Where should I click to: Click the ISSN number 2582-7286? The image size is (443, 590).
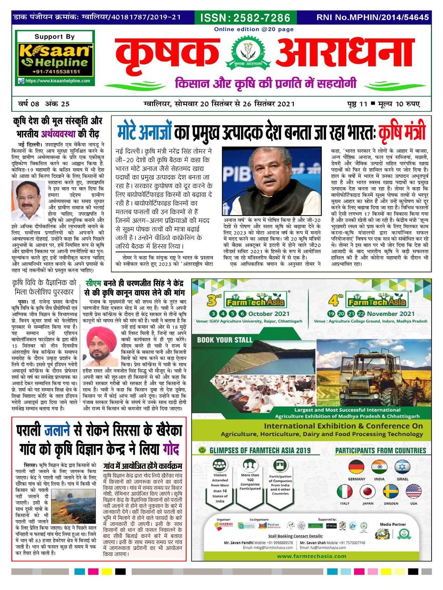pos(245,18)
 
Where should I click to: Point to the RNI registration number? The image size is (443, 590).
pos(373,17)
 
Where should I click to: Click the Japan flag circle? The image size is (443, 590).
pos(367,492)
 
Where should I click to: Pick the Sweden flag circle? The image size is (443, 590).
pos(391,492)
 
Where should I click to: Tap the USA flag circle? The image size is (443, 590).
pos(413,492)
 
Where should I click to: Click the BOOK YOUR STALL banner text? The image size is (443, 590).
pos(224,340)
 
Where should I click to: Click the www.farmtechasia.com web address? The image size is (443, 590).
pos(311,556)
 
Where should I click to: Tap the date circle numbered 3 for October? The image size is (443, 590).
pos(213,313)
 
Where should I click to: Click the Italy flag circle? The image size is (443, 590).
pos(345,492)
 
